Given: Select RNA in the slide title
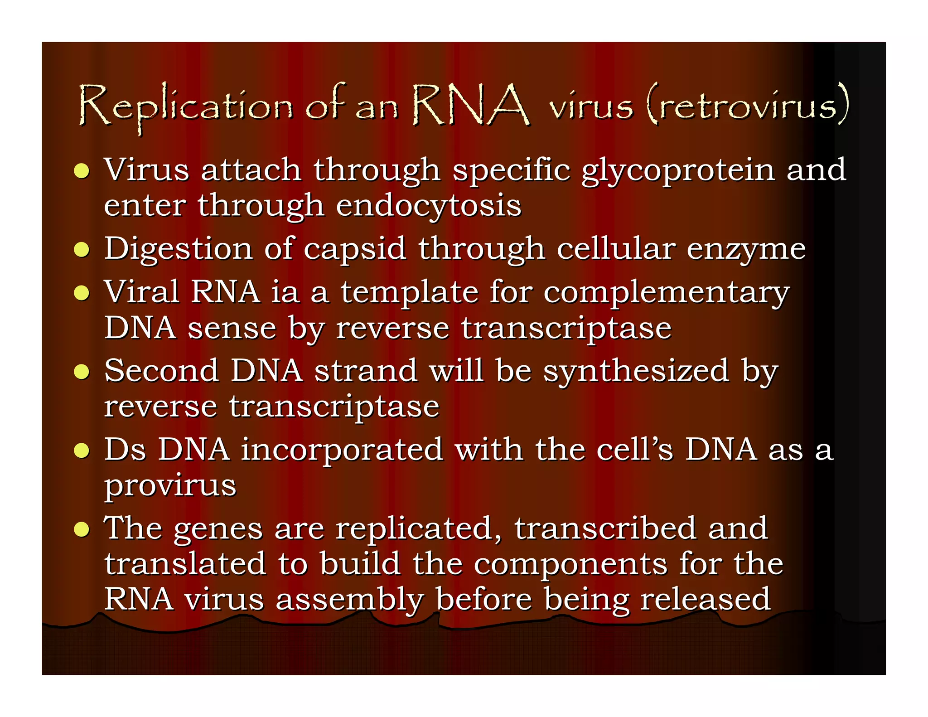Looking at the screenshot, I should (x=470, y=105).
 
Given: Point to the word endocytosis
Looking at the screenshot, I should (x=428, y=206).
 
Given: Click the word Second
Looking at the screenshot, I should (x=161, y=371).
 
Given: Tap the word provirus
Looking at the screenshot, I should (x=170, y=486).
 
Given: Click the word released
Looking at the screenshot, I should (x=705, y=599).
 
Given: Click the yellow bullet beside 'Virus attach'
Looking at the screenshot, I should (x=82, y=171).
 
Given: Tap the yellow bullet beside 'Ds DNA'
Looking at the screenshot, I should (x=82, y=451).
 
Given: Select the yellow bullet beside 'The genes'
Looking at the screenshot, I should (x=82, y=529).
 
